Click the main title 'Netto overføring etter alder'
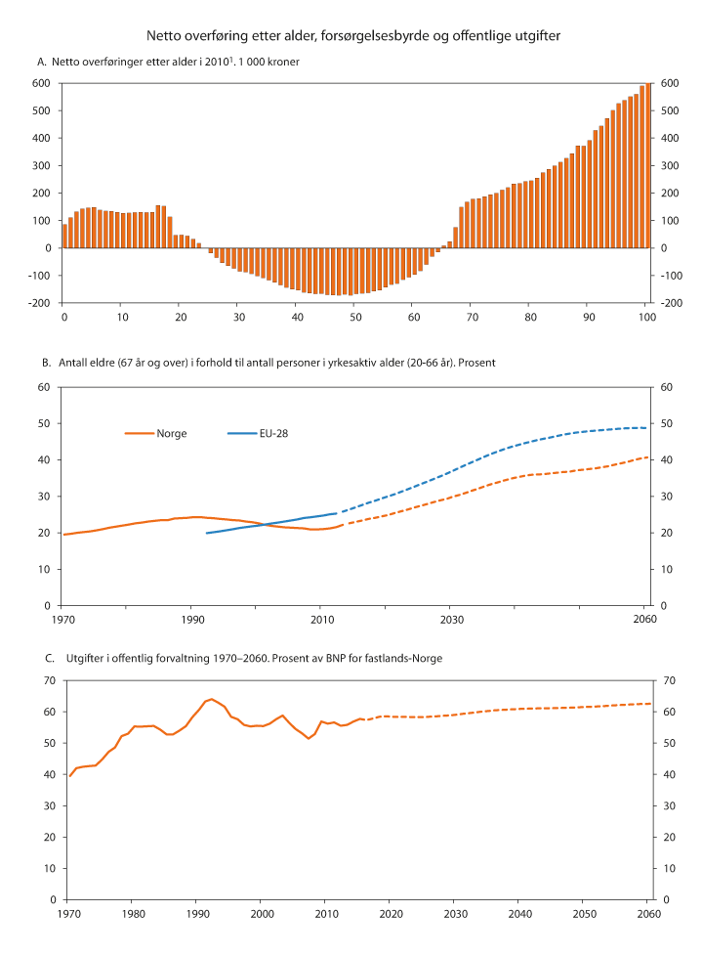352,36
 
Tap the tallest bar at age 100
646,165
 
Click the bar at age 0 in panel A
64,236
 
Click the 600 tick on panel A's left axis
40,83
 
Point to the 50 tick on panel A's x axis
354,317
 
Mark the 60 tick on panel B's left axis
43,387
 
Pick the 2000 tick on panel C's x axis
262,913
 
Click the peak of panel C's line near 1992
211,699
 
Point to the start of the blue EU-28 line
206,533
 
